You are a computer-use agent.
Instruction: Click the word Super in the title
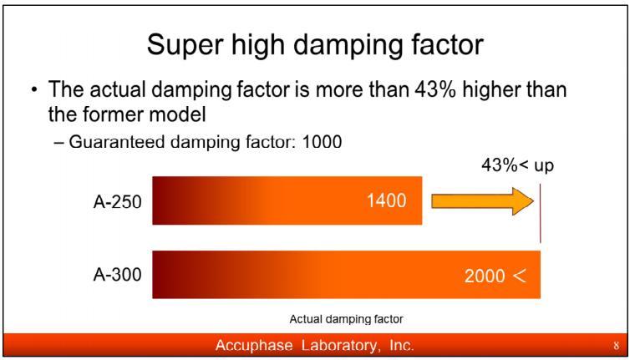(x=181, y=44)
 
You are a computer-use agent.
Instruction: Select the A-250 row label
(x=117, y=201)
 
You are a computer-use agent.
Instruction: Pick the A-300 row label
(x=117, y=276)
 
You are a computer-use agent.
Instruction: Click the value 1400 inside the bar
(x=387, y=200)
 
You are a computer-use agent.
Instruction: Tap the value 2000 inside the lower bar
(x=485, y=276)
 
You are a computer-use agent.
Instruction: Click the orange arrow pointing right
(x=483, y=201)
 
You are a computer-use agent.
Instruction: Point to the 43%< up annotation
(x=517, y=165)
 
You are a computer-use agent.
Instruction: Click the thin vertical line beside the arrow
(x=541, y=213)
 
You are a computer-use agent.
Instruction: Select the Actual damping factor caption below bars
(x=346, y=320)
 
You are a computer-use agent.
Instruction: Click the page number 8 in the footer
(x=616, y=346)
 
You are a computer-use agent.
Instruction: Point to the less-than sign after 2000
(x=520, y=276)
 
